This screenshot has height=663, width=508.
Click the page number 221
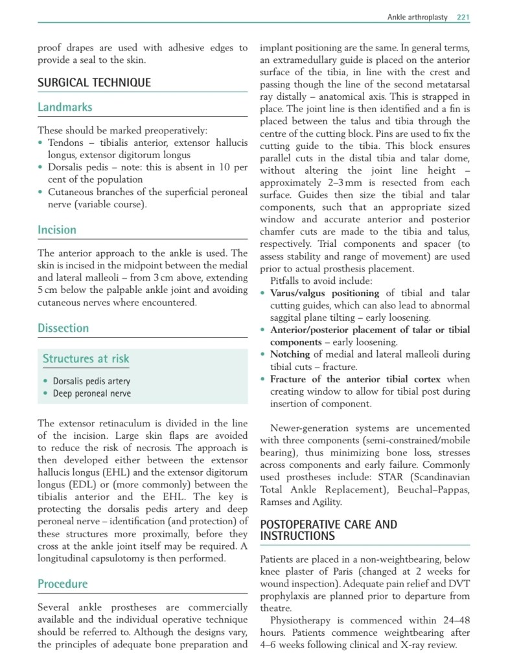click(x=463, y=17)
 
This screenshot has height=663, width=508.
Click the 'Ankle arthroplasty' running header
click(x=417, y=17)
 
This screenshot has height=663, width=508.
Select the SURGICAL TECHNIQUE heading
click(x=94, y=82)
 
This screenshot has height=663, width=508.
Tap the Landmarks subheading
click(x=65, y=107)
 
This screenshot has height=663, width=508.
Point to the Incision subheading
click(x=57, y=229)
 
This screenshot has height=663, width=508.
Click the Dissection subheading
click(x=63, y=328)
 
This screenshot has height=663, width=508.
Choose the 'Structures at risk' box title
click(x=86, y=358)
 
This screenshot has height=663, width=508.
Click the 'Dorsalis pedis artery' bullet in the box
click(x=91, y=381)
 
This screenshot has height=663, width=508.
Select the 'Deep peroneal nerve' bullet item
click(x=91, y=393)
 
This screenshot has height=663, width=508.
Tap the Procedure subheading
click(x=62, y=584)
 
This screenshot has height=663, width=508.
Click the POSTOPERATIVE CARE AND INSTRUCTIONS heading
click(x=329, y=530)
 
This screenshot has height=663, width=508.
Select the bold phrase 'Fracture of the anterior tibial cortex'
click(x=355, y=379)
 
